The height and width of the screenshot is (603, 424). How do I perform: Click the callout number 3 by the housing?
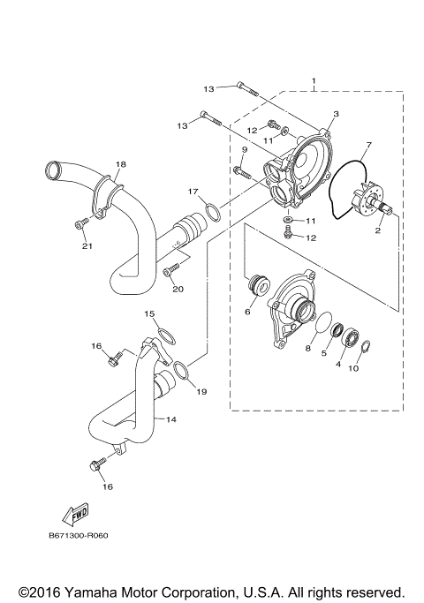tap(337, 115)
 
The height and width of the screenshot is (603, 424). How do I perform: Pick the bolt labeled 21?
tap(81, 224)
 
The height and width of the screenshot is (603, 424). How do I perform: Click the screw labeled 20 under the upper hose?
tap(170, 267)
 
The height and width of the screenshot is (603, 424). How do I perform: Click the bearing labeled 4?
tap(352, 337)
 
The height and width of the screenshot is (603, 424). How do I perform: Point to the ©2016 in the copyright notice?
tap(39, 591)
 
